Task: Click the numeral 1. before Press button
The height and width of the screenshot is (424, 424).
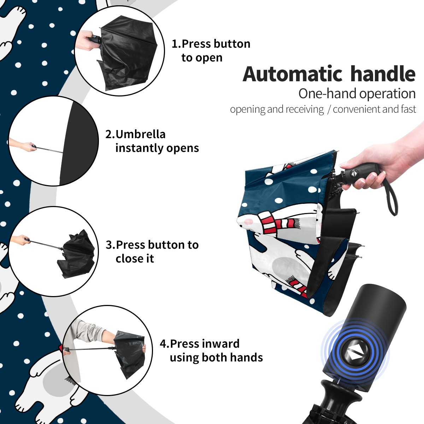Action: coord(176,44)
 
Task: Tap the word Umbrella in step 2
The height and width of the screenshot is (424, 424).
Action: coord(141,134)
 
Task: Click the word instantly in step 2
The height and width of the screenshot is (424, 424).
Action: coord(140,148)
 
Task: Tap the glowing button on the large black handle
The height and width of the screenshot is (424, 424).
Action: coord(355,355)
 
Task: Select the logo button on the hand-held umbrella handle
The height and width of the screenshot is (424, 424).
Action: coord(354,173)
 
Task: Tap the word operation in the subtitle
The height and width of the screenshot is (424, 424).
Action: coord(388,94)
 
